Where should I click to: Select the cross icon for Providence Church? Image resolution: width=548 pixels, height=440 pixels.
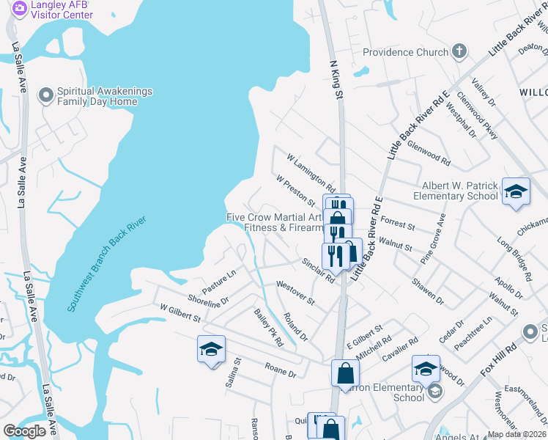[459, 52]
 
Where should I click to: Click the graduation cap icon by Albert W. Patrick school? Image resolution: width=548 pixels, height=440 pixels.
[516, 191]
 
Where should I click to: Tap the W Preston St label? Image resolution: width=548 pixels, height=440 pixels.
[295, 190]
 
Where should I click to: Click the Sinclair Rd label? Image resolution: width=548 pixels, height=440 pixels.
[318, 271]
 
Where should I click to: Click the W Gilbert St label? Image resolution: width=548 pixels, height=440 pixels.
[179, 313]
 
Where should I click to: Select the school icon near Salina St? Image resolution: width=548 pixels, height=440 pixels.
[211, 349]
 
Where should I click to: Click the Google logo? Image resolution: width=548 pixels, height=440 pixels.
[24, 431]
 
